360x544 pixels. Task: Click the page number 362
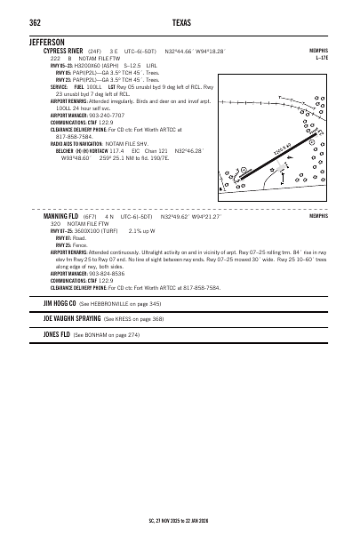point(36,23)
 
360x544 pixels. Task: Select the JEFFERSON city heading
point(46,42)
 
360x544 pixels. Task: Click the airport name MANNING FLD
point(62,216)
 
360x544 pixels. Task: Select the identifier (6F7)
point(92,216)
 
